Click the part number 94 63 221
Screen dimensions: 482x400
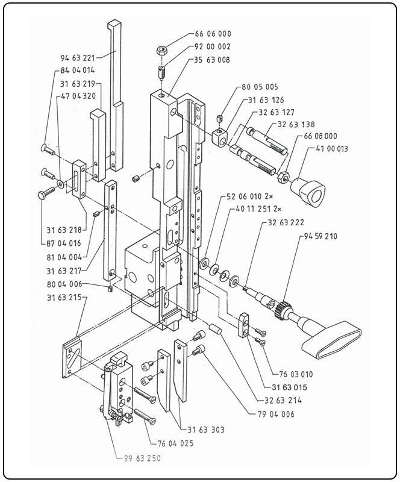pyautogui.click(x=78, y=58)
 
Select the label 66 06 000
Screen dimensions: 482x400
pyautogui.click(x=213, y=34)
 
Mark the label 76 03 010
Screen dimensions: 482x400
pyautogui.click(x=296, y=374)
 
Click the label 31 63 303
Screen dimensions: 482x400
pyautogui.click(x=205, y=430)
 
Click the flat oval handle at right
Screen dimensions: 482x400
pyautogui.click(x=330, y=341)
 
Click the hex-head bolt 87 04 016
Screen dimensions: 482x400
pyautogui.click(x=48, y=193)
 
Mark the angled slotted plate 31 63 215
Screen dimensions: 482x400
pyautogui.click(x=72, y=361)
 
